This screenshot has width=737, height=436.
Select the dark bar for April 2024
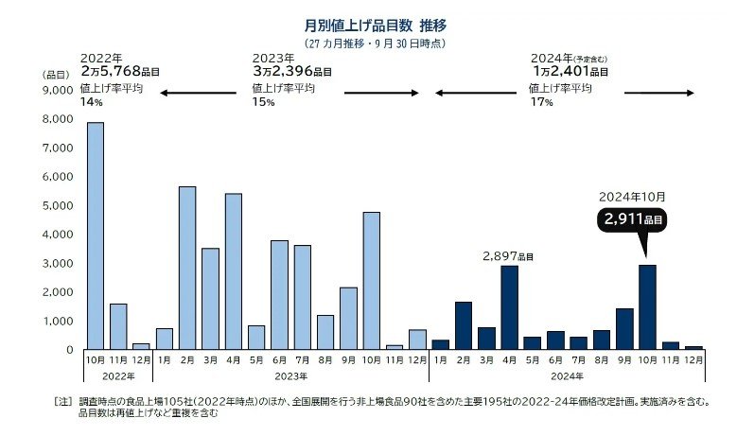click(509, 306)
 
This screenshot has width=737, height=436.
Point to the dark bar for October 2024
click(647, 306)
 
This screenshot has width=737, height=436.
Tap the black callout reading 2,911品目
click(632, 219)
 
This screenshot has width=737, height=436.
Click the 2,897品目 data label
click(508, 256)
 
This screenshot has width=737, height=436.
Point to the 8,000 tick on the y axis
click(58, 119)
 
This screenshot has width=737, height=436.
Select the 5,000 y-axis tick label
click(58, 206)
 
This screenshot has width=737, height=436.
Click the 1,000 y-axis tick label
click(58, 322)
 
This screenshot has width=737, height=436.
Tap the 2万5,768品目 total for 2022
click(120, 71)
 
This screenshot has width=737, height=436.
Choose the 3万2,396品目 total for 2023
click(290, 71)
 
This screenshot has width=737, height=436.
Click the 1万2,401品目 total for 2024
click(571, 71)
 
